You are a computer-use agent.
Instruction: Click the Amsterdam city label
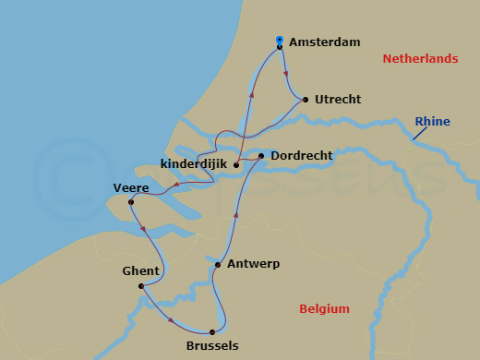324,42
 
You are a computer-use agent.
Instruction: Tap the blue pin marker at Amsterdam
280,41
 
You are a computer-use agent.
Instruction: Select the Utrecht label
338,99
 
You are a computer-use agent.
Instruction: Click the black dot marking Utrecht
306,99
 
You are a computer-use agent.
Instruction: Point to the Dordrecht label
302,156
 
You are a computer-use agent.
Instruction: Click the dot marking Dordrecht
262,156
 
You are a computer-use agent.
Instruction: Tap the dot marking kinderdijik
237,165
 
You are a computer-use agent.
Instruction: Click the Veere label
131,187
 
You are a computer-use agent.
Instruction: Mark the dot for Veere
131,202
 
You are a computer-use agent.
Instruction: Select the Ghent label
140,271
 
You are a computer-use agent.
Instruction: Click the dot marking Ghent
140,286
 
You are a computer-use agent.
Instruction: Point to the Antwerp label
252,264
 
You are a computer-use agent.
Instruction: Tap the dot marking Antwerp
218,265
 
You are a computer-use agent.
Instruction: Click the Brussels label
211,346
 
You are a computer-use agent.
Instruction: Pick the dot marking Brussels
212,331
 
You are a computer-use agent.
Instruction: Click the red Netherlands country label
420,59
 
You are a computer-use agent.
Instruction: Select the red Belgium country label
324,309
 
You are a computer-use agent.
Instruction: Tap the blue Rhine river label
433,121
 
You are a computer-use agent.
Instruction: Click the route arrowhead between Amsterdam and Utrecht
285,74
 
